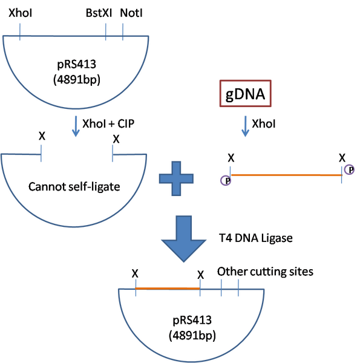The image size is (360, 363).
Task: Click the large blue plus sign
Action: click(x=176, y=177)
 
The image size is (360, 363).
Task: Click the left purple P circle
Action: click(x=226, y=180)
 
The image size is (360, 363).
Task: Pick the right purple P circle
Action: click(x=350, y=169)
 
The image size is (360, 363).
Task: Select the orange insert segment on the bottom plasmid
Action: click(x=168, y=288)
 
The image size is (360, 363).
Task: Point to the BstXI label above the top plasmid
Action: click(x=98, y=13)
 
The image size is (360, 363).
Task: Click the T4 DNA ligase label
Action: click(x=257, y=238)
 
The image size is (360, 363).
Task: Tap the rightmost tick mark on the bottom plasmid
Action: click(x=239, y=289)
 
